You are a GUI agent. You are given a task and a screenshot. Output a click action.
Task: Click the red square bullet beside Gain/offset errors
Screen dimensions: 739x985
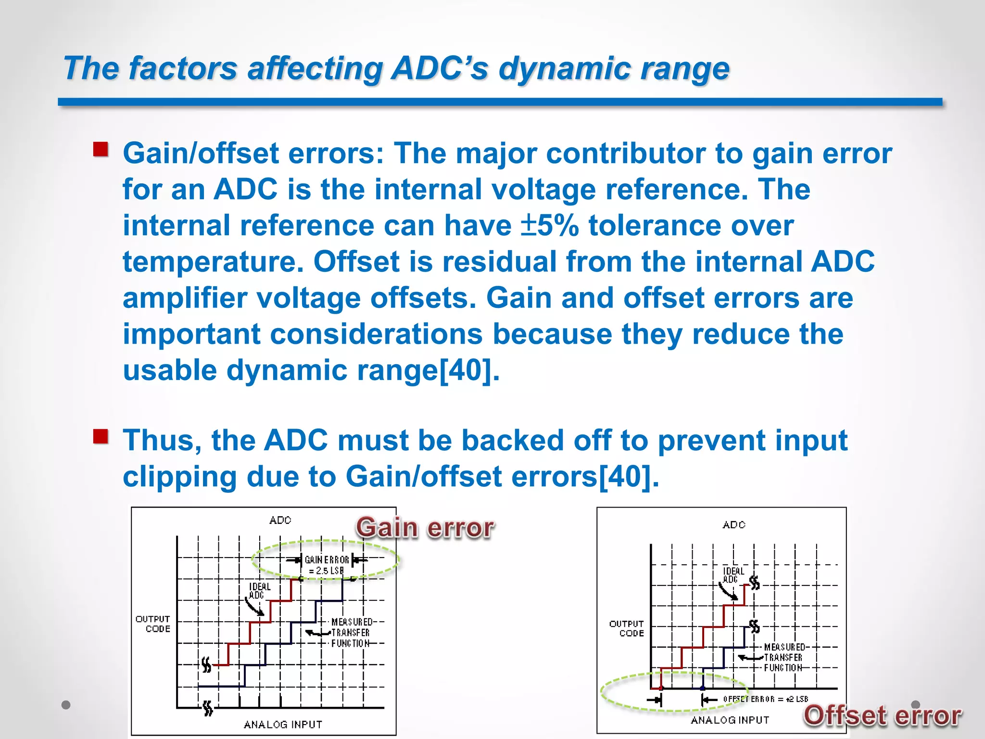(x=101, y=150)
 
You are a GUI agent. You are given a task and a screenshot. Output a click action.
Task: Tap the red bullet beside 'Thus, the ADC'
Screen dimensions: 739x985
(x=101, y=437)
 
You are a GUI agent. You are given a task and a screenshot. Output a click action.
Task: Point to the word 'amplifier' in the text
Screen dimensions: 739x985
(x=185, y=298)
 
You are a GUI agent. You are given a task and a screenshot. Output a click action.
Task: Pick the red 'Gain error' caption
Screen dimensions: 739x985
(x=425, y=528)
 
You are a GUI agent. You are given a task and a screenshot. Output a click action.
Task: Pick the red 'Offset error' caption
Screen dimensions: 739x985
(x=883, y=715)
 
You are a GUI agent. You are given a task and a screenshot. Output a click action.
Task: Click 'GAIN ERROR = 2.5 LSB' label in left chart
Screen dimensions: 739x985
(x=327, y=565)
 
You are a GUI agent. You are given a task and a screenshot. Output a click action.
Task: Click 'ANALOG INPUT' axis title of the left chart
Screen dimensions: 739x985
(x=283, y=725)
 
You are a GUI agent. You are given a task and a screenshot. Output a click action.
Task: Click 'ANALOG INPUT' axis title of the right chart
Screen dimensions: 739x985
(x=730, y=720)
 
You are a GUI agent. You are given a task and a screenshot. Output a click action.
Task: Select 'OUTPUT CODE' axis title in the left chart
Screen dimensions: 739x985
(x=153, y=624)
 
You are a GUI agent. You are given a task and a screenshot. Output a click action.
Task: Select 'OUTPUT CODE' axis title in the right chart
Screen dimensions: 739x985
(x=627, y=628)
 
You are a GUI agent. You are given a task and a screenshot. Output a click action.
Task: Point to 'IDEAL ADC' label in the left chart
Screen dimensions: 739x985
(x=259, y=591)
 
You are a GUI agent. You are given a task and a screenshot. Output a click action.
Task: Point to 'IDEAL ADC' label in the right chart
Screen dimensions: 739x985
(x=733, y=575)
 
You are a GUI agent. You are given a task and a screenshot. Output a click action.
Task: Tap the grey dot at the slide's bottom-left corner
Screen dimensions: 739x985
(x=66, y=705)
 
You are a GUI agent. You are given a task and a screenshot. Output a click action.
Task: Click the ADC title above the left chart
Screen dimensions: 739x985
(x=280, y=520)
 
